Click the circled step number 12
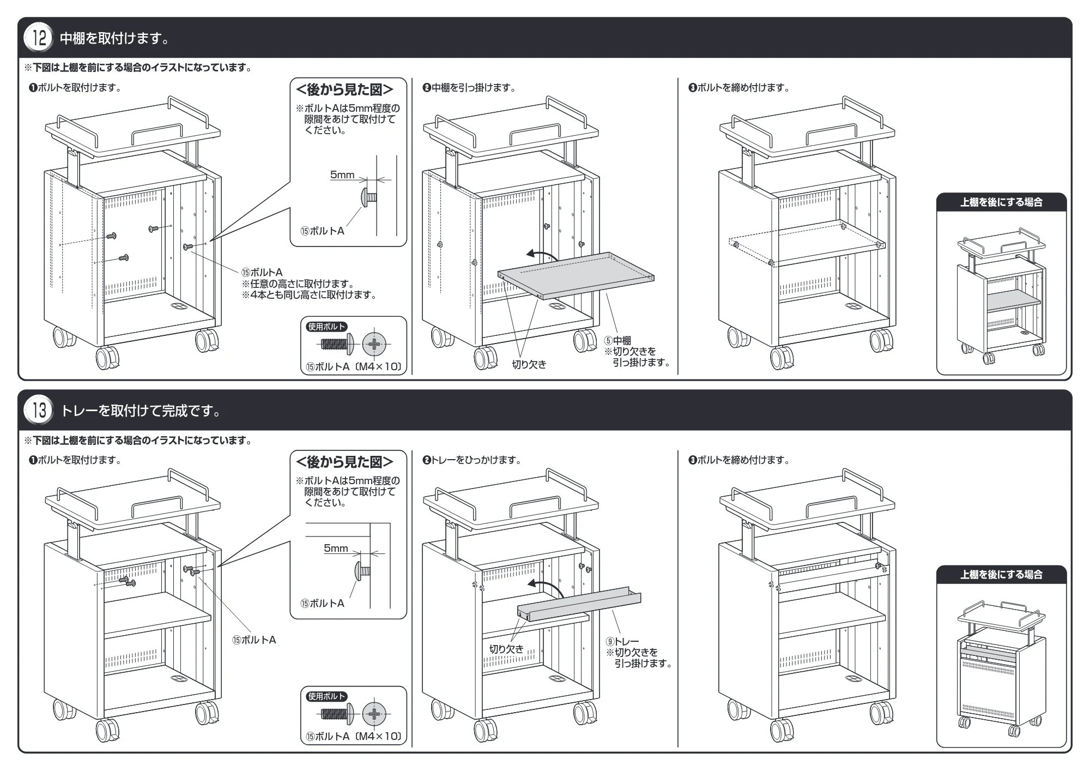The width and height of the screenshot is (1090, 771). pyautogui.click(x=39, y=38)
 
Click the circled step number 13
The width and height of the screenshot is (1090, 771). pyautogui.click(x=39, y=411)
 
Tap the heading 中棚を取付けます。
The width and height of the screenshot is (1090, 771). pyautogui.click(x=114, y=38)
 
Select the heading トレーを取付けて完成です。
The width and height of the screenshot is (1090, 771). pyautogui.click(x=141, y=411)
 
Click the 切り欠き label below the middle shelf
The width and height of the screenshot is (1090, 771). pyautogui.click(x=529, y=365)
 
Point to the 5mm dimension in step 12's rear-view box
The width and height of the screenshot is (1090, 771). pyautogui.click(x=342, y=174)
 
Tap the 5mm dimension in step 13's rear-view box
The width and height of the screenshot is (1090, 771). pyautogui.click(x=336, y=548)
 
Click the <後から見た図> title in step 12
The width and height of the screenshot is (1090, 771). pyautogui.click(x=344, y=90)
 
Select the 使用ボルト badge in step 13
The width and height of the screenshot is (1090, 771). pyautogui.click(x=327, y=696)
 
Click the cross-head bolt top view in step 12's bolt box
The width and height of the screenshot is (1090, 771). pyautogui.click(x=374, y=344)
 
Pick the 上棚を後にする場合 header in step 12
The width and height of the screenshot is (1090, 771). pyautogui.click(x=1002, y=202)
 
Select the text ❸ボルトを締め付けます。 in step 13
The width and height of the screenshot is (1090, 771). pyautogui.click(x=740, y=460)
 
